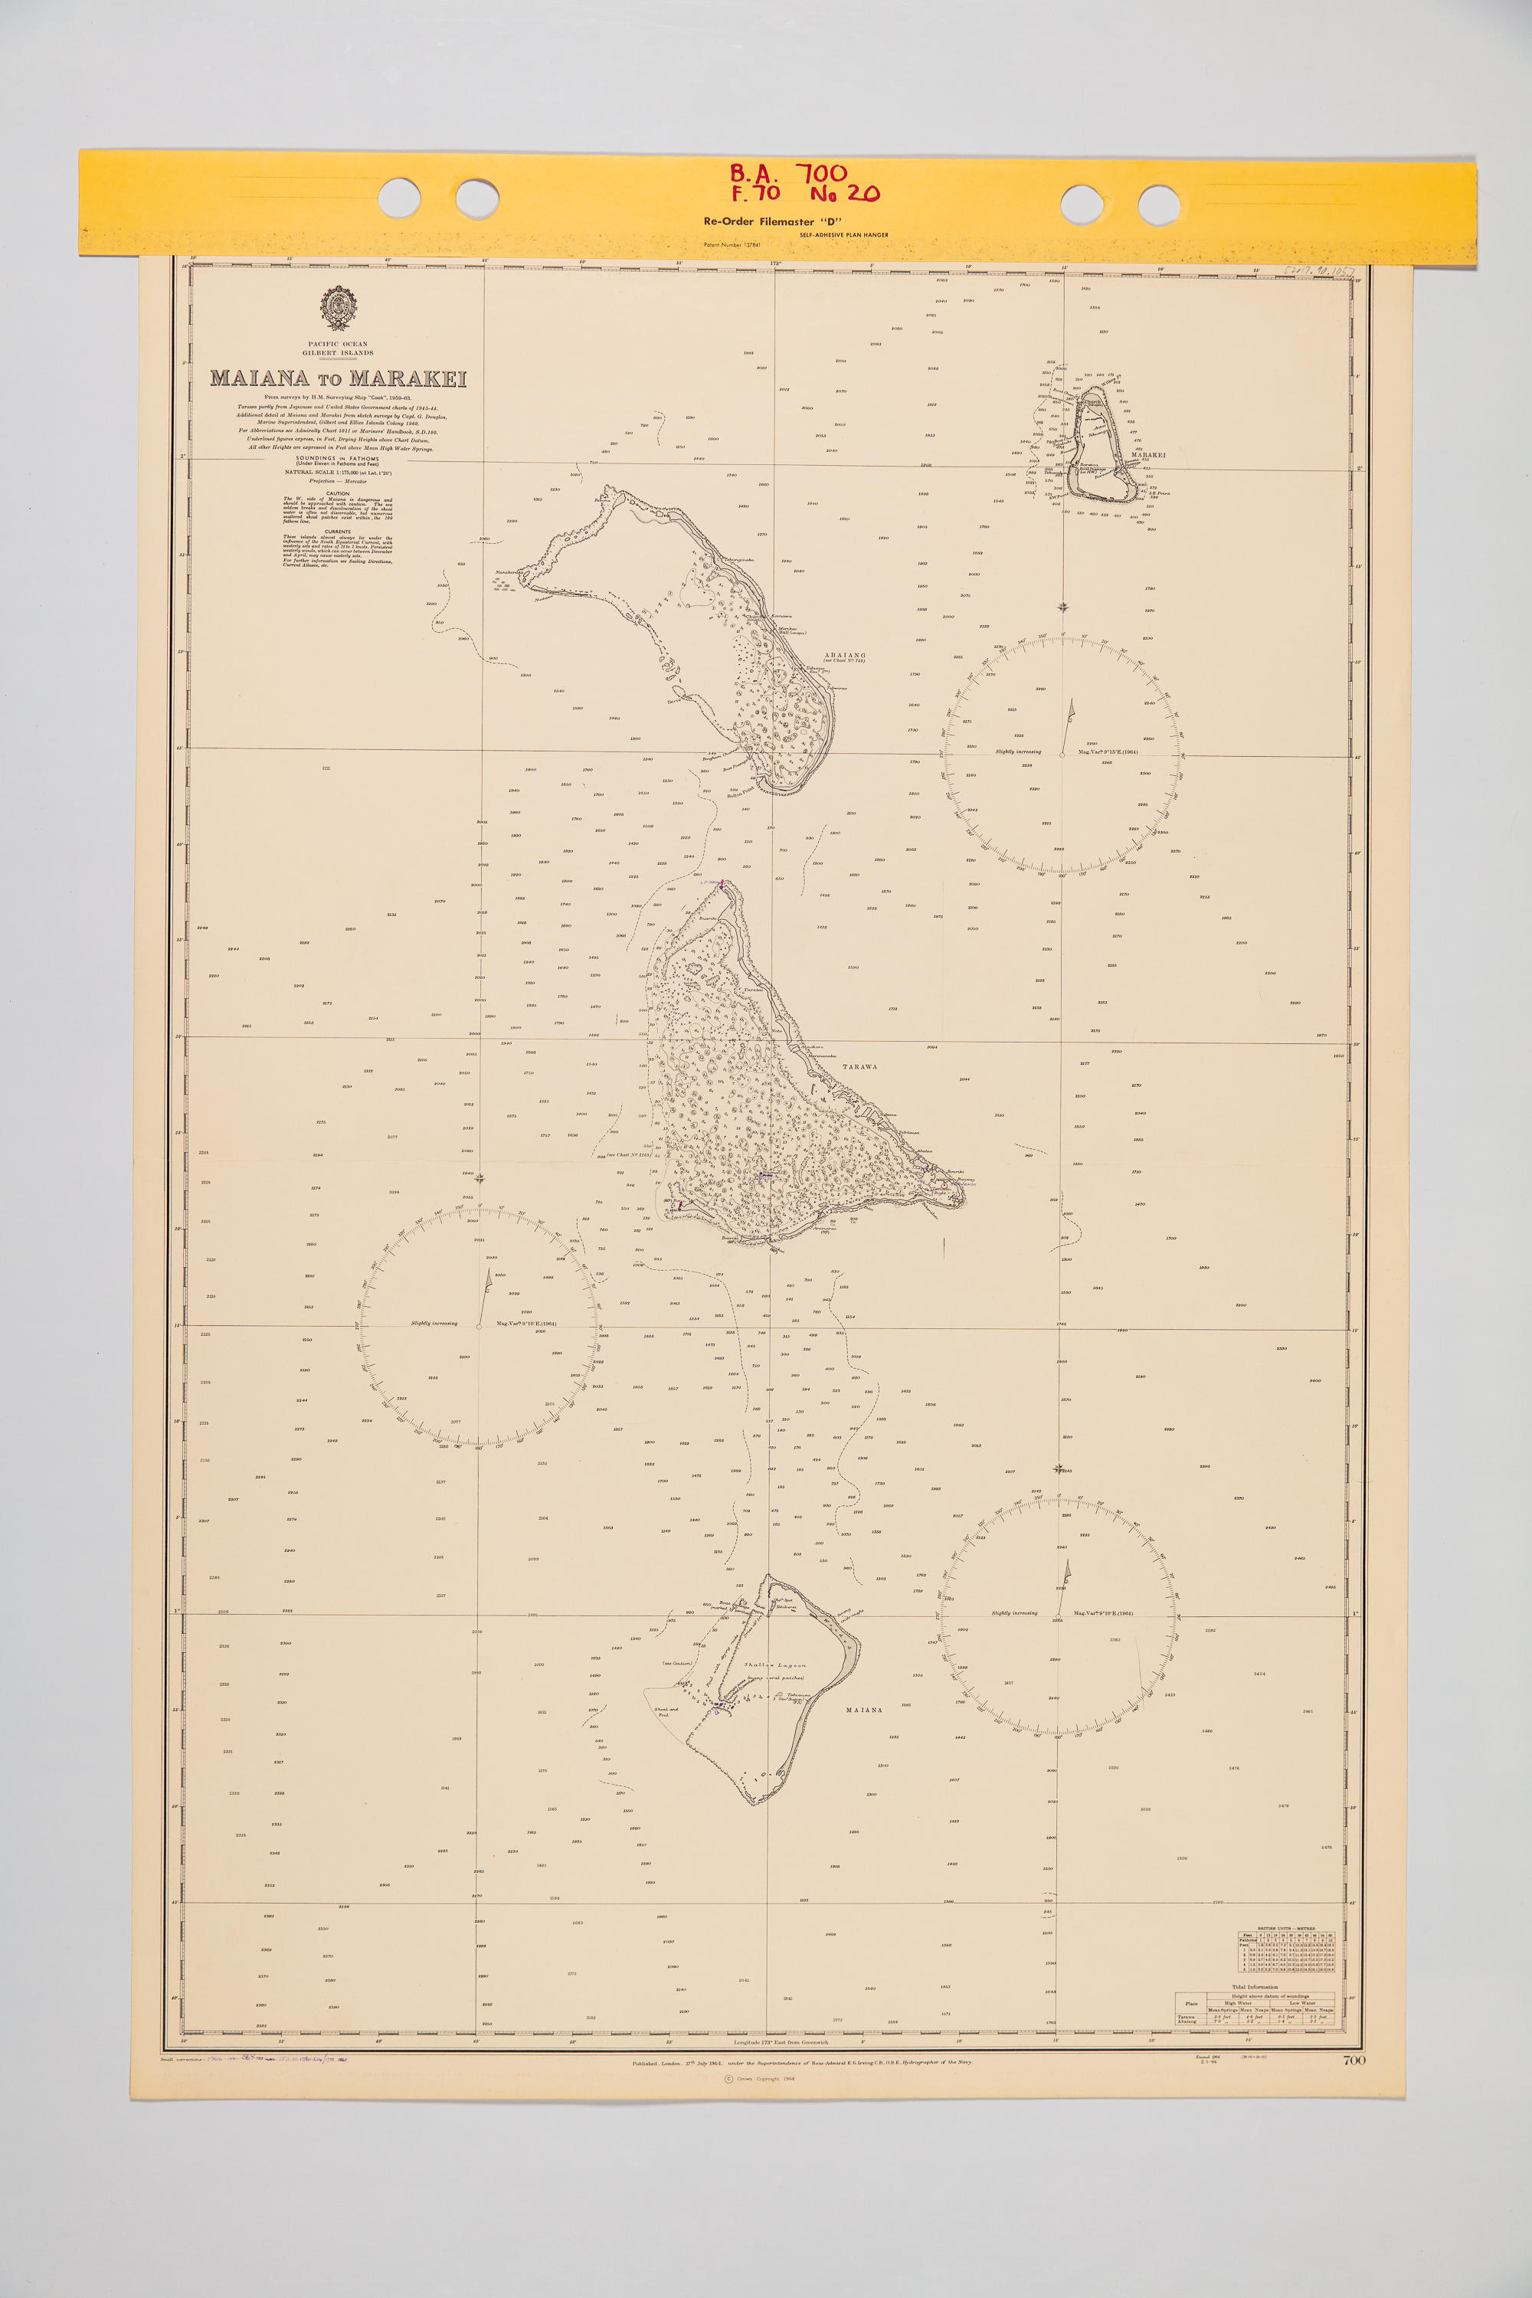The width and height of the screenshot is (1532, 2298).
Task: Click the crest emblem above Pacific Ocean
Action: pos(338,308)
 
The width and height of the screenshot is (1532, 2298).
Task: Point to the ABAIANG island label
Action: pos(845,655)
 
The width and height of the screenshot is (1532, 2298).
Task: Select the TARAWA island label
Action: pos(859,1067)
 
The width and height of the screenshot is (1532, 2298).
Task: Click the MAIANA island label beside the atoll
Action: pos(864,1710)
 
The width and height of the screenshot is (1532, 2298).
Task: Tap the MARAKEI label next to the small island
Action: pos(1148,454)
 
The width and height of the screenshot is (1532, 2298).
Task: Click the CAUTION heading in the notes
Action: pos(337,493)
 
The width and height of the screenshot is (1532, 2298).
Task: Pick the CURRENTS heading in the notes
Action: pos(337,532)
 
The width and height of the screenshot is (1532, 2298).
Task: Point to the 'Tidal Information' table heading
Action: pos(1255,1986)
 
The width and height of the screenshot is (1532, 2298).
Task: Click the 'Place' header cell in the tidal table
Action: pos(1191,2003)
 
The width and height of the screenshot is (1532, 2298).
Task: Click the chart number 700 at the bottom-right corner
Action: pos(1354,2061)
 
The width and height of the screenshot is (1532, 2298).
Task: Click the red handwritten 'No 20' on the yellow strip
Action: pos(844,194)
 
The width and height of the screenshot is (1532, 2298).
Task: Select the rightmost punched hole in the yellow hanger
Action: pos(1159,205)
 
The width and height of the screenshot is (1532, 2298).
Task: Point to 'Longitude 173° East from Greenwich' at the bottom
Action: pos(781,2042)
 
